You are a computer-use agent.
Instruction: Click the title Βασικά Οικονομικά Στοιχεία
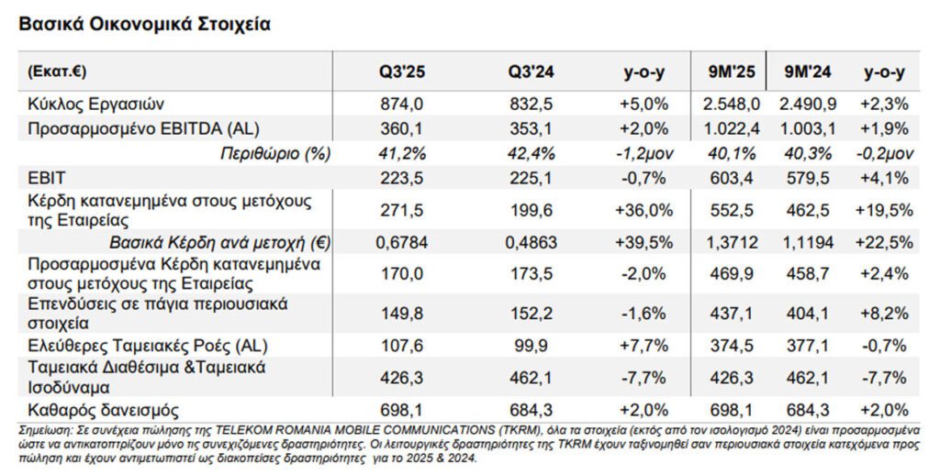coord(144,24)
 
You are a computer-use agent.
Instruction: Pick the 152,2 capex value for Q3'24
coord(532,313)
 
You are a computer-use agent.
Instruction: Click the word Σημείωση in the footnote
coord(45,428)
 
